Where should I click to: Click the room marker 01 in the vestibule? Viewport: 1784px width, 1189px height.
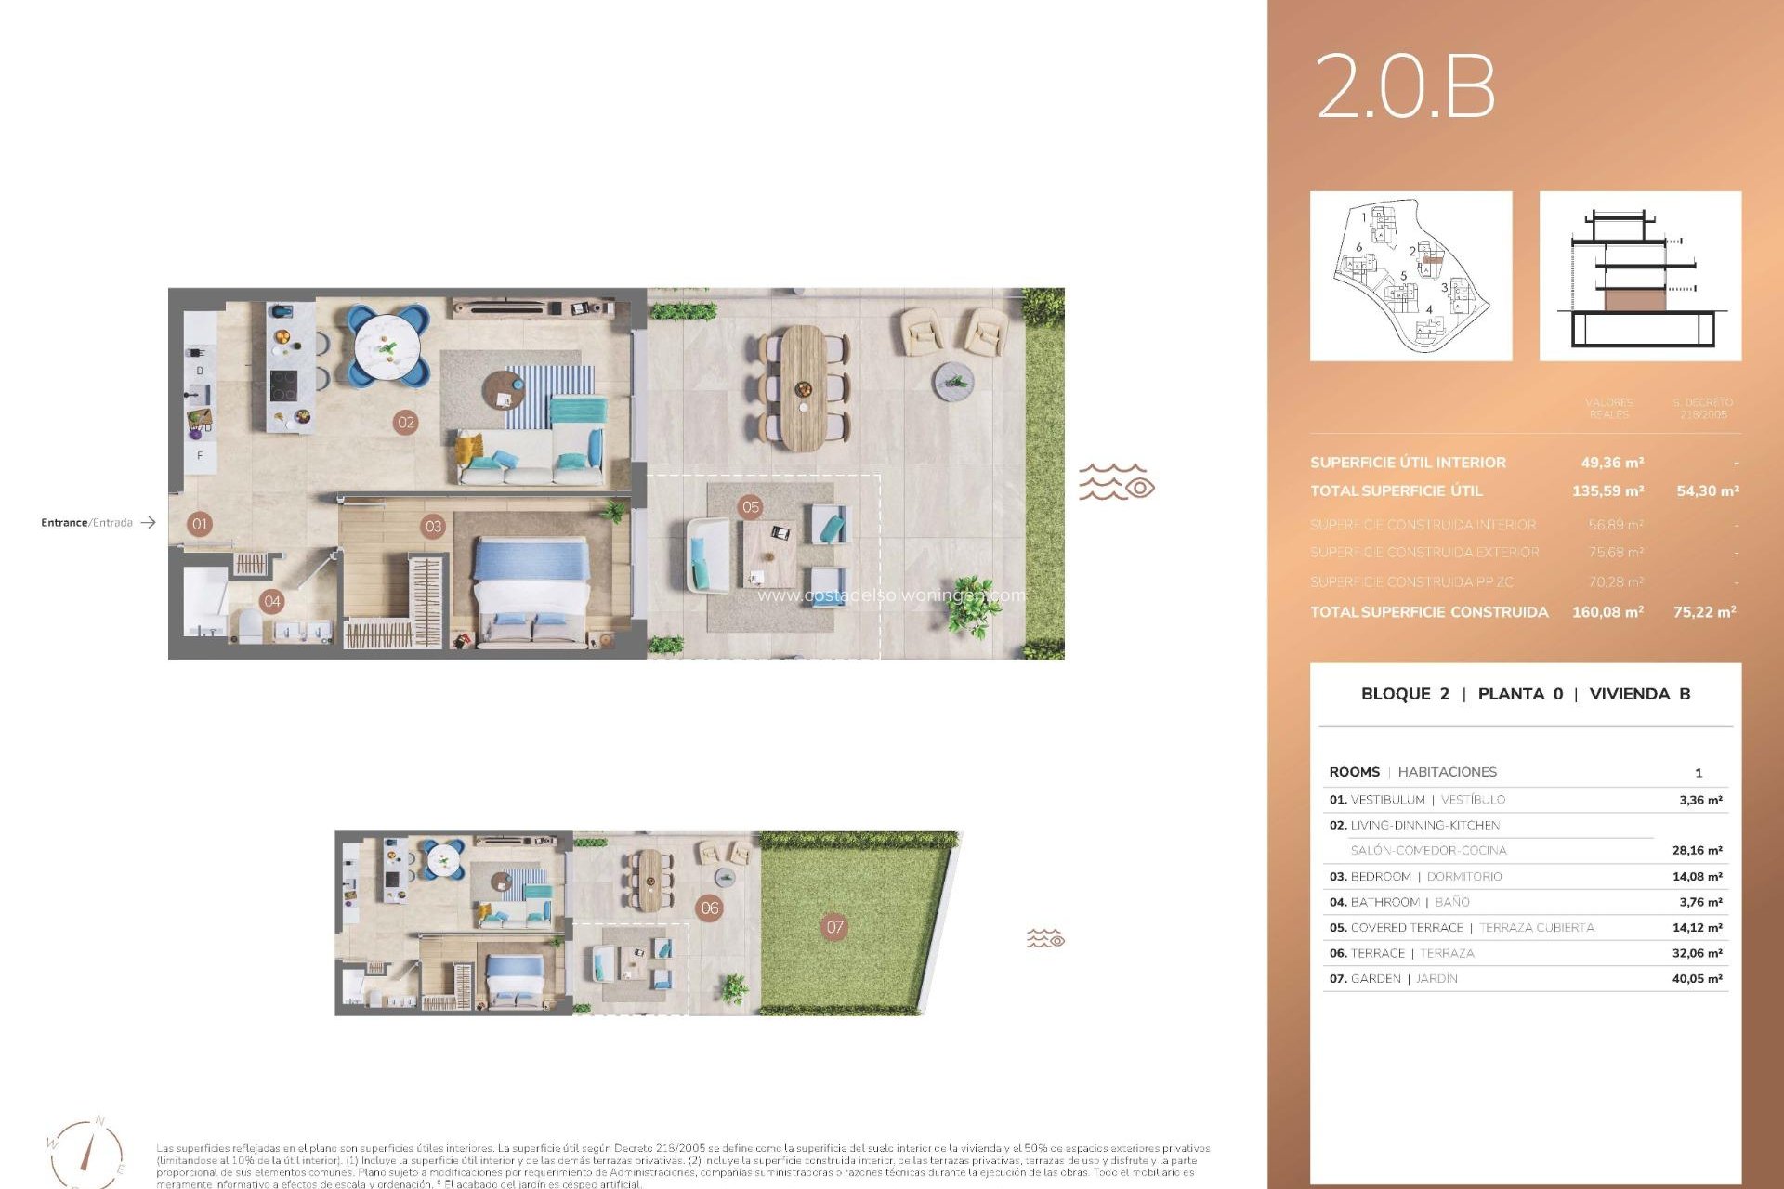[x=200, y=524]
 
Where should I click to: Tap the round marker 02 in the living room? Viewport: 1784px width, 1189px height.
[x=406, y=423]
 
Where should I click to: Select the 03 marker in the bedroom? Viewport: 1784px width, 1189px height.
[x=433, y=527]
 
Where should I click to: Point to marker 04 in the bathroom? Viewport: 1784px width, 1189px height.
[x=271, y=601]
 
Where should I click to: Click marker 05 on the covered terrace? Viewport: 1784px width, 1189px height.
[x=751, y=507]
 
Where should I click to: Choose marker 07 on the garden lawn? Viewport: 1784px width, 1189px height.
[x=834, y=926]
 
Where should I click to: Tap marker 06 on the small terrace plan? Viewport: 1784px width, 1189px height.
[x=710, y=908]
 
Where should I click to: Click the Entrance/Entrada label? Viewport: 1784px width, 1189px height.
[x=86, y=523]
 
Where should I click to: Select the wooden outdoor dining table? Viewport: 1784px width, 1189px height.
[x=803, y=386]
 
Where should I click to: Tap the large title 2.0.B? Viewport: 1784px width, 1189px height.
[x=1405, y=86]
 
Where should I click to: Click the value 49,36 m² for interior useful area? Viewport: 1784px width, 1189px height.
[x=1612, y=463]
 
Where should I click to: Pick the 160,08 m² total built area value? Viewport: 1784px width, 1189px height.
[x=1607, y=612]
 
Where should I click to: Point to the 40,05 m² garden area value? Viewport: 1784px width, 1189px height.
[x=1697, y=979]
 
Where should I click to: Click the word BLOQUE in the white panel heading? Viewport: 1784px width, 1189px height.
[x=1394, y=694]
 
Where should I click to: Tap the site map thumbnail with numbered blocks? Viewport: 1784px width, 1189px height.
[x=1410, y=276]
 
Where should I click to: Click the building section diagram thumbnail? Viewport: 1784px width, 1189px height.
[x=1640, y=276]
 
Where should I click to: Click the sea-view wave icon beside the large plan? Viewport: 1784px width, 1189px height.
[x=1116, y=483]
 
